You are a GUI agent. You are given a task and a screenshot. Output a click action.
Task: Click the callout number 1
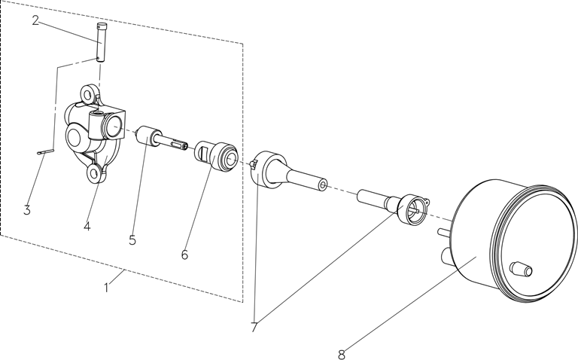point(107,288)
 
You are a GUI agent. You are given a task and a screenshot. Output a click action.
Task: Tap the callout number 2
point(35,20)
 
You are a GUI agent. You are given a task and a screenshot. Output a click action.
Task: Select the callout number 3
point(26,210)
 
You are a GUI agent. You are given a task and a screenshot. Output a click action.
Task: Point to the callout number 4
point(87,226)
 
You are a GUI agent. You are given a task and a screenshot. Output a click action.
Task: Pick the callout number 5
point(132,239)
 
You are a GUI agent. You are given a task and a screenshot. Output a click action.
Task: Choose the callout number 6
point(184,255)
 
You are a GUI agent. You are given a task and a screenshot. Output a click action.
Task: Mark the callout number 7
point(254,327)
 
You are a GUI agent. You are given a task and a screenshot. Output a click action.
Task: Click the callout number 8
point(342,355)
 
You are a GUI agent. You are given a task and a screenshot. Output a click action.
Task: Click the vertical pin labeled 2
point(100,42)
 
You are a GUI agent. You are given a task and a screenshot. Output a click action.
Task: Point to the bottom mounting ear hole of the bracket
point(93,172)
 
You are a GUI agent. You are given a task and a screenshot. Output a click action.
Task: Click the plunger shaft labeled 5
point(162,139)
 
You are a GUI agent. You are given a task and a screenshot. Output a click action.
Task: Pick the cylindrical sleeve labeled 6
point(217,156)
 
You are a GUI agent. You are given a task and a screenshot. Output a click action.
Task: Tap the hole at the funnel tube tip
point(324,184)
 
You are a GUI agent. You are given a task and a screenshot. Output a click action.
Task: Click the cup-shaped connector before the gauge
point(412,209)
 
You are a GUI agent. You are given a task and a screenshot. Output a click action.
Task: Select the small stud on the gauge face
point(521,269)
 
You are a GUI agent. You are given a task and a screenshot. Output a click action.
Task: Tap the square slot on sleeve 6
point(201,151)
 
